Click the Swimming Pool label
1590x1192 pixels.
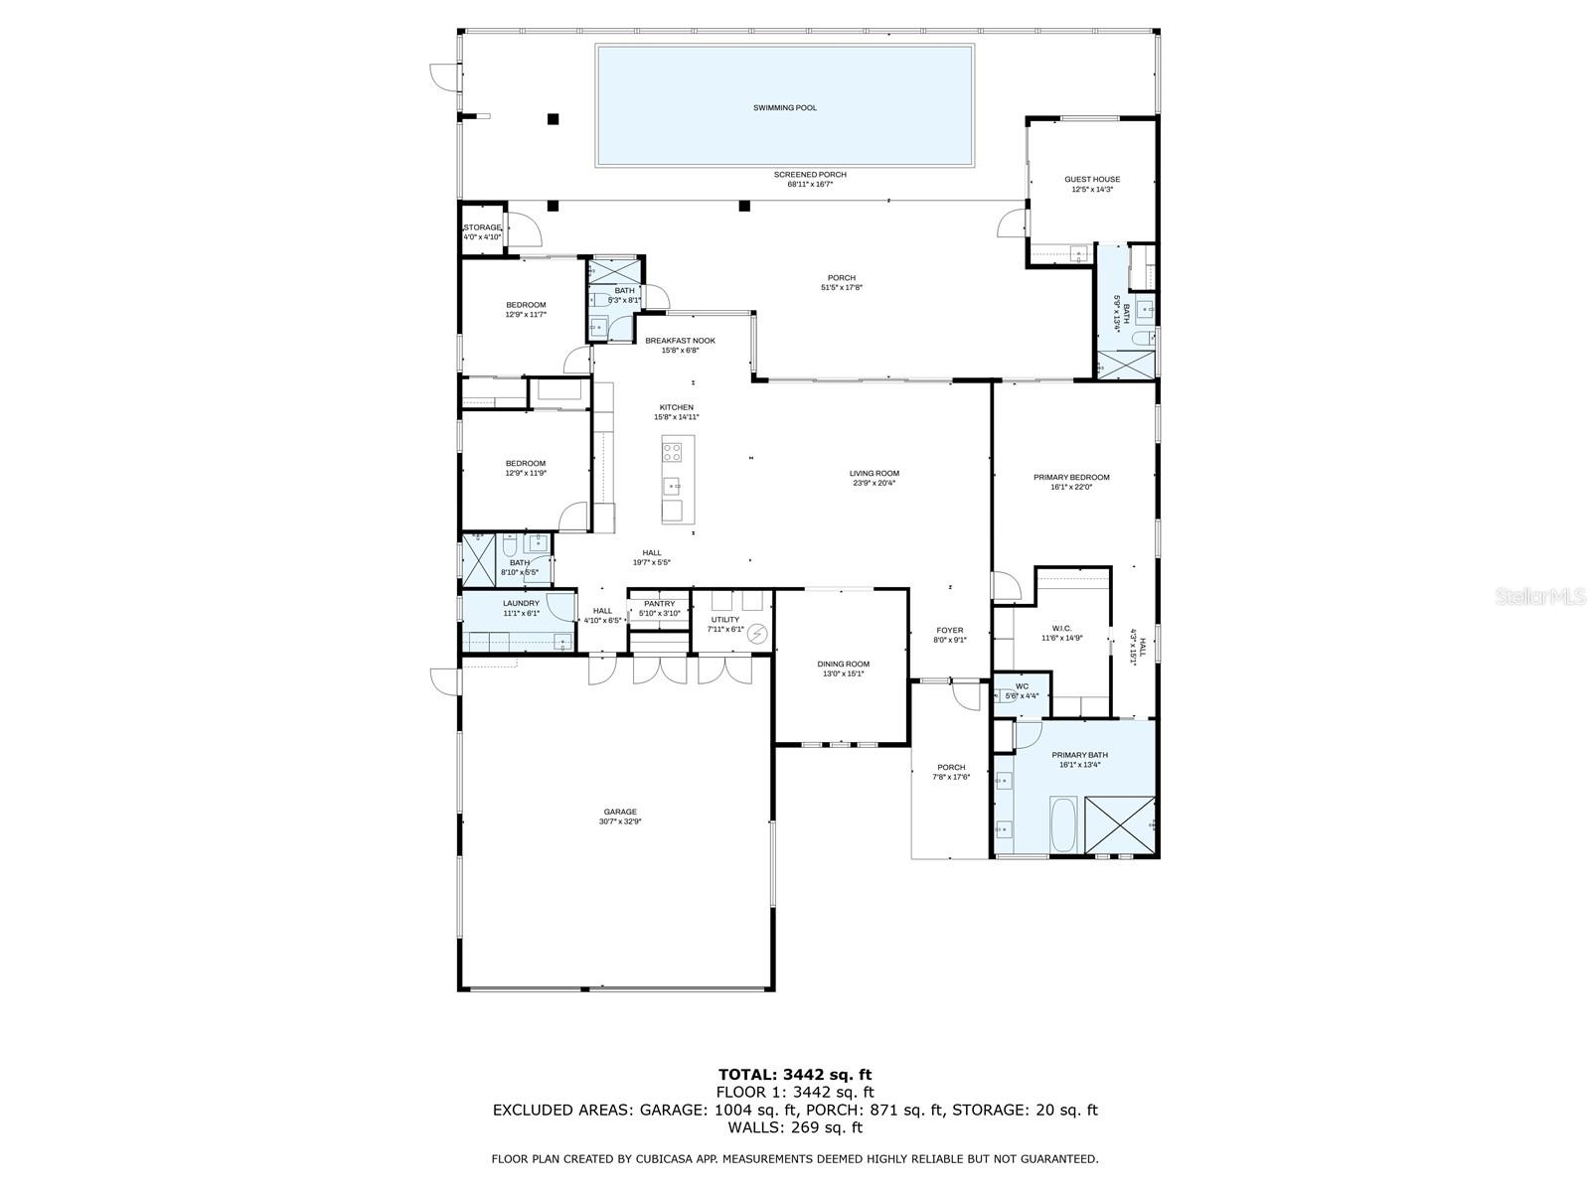(x=784, y=107)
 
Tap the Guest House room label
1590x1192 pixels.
(x=1092, y=180)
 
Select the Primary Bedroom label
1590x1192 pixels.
(x=1071, y=477)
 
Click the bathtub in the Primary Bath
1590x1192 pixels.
(x=1063, y=823)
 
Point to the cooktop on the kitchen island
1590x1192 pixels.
(x=673, y=453)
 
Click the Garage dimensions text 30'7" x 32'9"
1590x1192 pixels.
(x=620, y=821)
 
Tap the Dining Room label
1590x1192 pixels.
(x=843, y=665)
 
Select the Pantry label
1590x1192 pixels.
(x=659, y=604)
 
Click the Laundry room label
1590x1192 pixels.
(x=521, y=603)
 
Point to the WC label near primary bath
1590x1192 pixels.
(x=1022, y=686)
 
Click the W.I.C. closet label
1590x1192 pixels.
(x=1061, y=628)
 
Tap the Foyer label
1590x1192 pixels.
(x=950, y=630)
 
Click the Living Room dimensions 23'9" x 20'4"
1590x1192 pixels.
(x=874, y=484)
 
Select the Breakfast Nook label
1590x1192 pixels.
(x=680, y=341)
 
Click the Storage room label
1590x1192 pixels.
(x=483, y=227)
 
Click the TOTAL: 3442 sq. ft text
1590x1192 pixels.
(x=794, y=1074)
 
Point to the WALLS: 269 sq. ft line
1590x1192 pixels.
(x=794, y=1127)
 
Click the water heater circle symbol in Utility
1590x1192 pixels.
(x=758, y=633)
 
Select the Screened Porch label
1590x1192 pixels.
(x=810, y=175)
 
